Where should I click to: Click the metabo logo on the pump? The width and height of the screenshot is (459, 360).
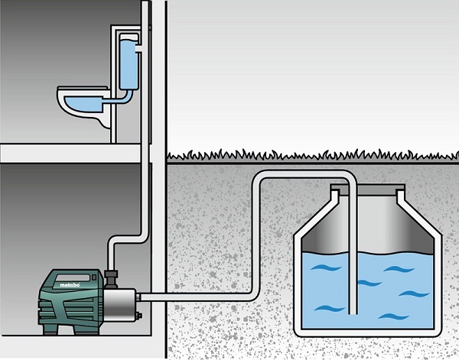click(70, 284)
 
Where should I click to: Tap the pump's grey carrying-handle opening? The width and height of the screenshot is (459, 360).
click(73, 277)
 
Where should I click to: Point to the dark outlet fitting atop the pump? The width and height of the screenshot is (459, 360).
click(111, 279)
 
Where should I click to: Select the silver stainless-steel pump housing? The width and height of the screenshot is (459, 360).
click(119, 304)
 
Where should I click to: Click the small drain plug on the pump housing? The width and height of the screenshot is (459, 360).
click(139, 316)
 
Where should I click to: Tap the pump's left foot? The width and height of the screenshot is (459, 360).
click(50, 329)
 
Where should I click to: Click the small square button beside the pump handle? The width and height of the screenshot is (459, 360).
click(94, 277)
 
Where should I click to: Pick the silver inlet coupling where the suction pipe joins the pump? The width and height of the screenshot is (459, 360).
click(138, 297)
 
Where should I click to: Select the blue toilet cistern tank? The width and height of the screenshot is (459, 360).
click(129, 62)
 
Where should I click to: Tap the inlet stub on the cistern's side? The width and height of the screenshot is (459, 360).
click(138, 49)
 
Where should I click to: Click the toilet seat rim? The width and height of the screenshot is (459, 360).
click(83, 88)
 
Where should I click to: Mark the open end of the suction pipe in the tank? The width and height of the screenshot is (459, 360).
click(353, 313)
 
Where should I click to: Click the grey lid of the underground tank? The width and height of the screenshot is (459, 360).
click(368, 190)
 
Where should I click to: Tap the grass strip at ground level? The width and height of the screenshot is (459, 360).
click(312, 156)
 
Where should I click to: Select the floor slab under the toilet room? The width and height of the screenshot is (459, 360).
click(70, 153)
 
